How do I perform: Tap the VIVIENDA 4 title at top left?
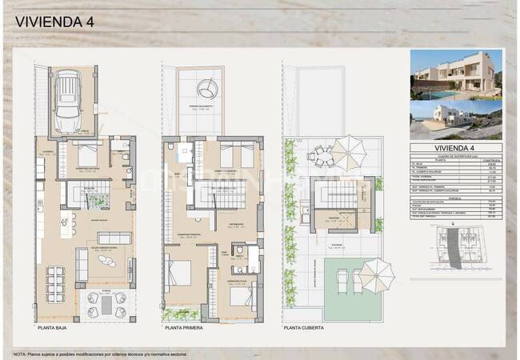point(54,22)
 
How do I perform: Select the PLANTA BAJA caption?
point(57,328)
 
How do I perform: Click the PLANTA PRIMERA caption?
point(185,328)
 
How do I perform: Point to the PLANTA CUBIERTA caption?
point(307,328)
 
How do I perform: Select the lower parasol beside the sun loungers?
point(375,274)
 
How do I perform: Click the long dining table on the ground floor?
point(55,280)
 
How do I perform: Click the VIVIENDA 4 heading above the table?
point(454,148)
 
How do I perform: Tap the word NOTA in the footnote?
point(19,352)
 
